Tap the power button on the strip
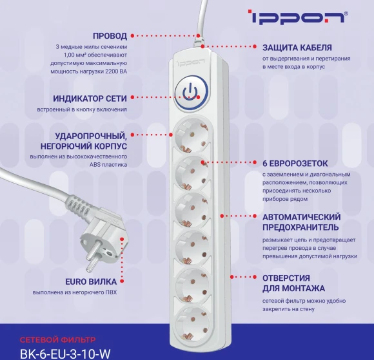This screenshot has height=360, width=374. tap(188, 91)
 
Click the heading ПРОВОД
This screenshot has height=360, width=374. tap(109, 35)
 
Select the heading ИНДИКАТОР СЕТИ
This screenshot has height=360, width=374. tap(91, 99)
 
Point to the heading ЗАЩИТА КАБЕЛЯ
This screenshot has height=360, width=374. tap(297, 48)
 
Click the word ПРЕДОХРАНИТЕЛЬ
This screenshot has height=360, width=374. tap(300, 227)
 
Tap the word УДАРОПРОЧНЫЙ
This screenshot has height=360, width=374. tap(90, 136)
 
